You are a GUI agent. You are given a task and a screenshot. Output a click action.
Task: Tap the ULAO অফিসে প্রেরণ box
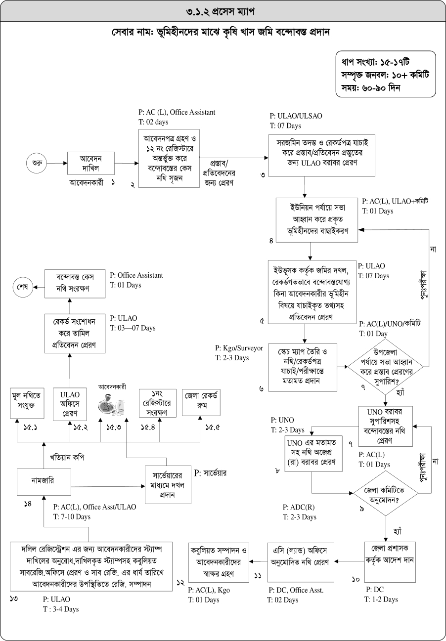[x=70, y=403]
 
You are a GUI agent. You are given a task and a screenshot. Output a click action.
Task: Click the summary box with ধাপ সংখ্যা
[x=385, y=74]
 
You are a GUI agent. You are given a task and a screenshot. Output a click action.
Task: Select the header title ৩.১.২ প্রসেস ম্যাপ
[x=223, y=10]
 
